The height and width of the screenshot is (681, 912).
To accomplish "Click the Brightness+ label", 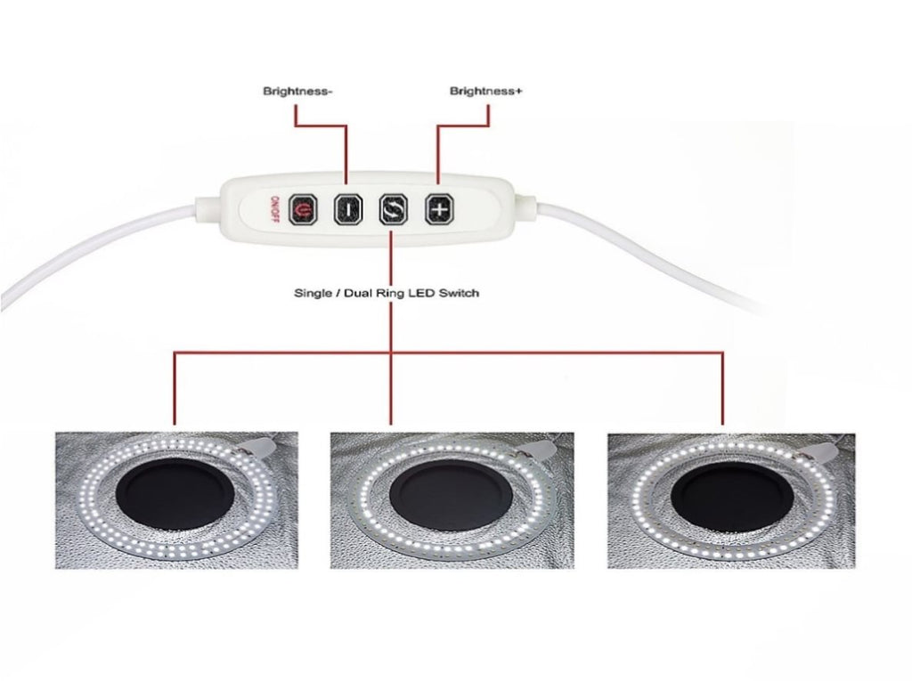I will [485, 91].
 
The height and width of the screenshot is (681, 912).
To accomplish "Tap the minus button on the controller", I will [347, 209].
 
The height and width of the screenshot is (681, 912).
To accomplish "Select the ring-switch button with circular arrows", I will [392, 209].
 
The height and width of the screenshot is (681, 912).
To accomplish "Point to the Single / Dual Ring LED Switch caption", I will [386, 293].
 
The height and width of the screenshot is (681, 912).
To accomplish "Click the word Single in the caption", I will [312, 293].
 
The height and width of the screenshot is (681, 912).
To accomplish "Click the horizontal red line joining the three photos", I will [534, 353].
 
